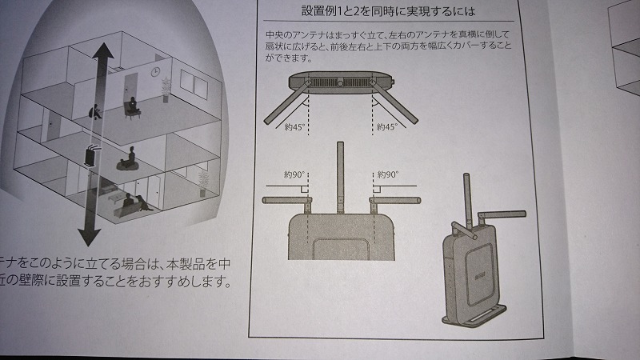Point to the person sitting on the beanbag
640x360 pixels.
pyautogui.click(x=127, y=160)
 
